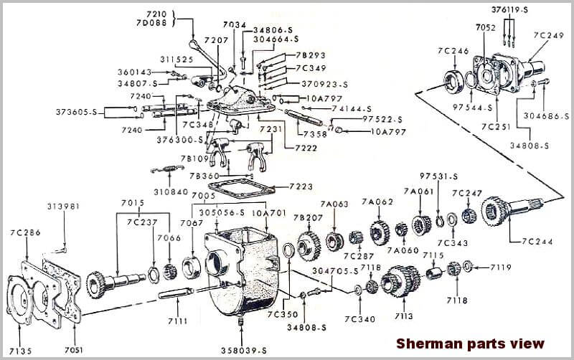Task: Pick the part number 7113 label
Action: pyautogui.click(x=403, y=313)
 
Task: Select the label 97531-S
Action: pyautogui.click(x=439, y=176)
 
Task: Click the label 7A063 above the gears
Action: pyautogui.click(x=334, y=204)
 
